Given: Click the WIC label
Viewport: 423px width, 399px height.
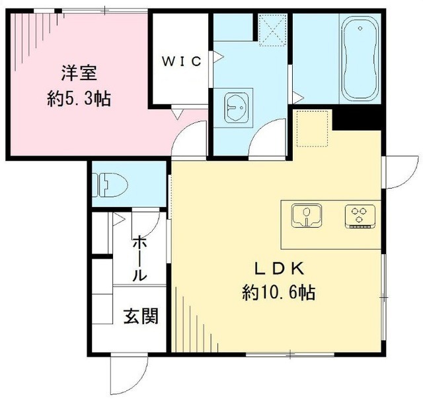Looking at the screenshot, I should (182, 62).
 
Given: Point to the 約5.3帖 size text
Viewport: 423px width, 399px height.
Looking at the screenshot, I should (79, 99).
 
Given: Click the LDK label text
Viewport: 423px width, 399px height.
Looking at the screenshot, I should (280, 269).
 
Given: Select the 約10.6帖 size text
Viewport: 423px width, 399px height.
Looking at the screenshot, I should (278, 292).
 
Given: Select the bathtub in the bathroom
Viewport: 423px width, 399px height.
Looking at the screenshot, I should (360, 60).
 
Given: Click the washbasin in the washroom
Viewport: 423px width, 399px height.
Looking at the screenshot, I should (236, 107).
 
